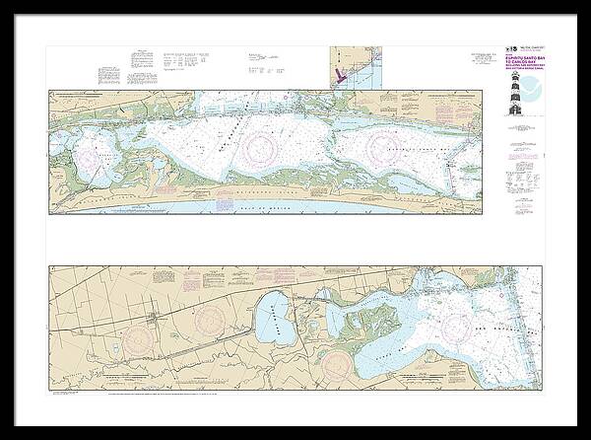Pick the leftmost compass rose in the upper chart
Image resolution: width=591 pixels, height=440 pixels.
pos(101,155)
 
